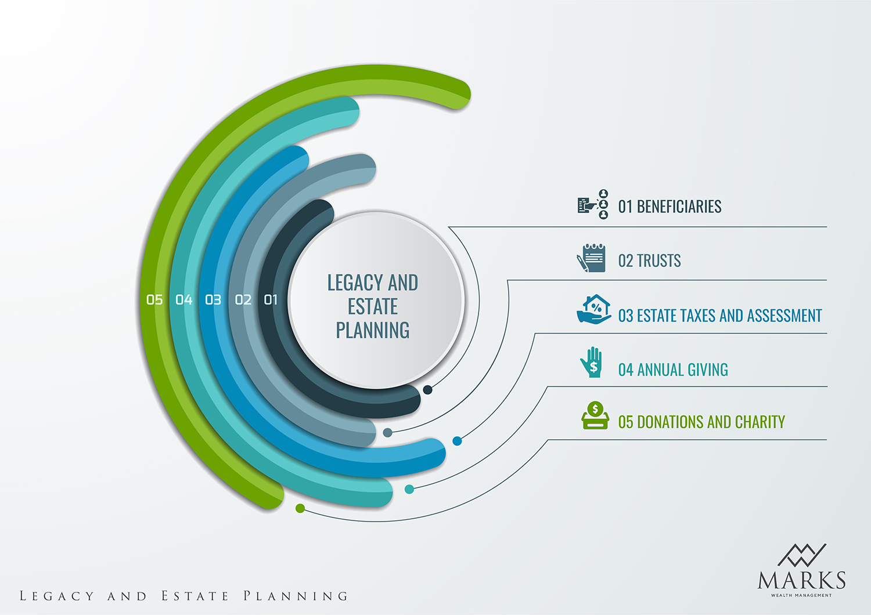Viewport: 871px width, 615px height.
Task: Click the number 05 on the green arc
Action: pyautogui.click(x=154, y=299)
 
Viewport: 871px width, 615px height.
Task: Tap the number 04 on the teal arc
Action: pyautogui.click(x=184, y=299)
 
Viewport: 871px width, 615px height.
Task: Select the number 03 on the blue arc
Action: pyautogui.click(x=213, y=299)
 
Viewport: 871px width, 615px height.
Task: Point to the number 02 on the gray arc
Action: pyautogui.click(x=243, y=299)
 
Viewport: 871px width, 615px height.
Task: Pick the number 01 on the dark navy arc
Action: pyautogui.click(x=271, y=299)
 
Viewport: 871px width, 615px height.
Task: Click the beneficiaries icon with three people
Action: pyautogui.click(x=593, y=204)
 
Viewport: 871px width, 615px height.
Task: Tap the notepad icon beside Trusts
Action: pyautogui.click(x=592, y=258)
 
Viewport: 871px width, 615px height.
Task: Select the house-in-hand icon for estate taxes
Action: pyautogui.click(x=594, y=309)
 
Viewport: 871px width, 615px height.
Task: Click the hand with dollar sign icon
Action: pyautogui.click(x=592, y=363)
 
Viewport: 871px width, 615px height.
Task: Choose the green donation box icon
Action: pyautogui.click(x=595, y=416)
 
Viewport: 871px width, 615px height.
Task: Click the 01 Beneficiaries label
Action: pyautogui.click(x=670, y=207)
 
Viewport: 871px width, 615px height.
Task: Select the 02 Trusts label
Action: pyautogui.click(x=649, y=261)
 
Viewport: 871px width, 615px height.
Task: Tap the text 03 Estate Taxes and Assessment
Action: pyautogui.click(x=720, y=316)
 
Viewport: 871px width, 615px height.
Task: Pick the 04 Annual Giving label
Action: pyautogui.click(x=673, y=370)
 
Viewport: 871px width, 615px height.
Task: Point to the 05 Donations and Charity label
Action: pyautogui.click(x=701, y=422)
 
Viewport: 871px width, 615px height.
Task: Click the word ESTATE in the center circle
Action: pyautogui.click(x=373, y=306)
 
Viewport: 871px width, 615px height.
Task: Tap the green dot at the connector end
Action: pyautogui.click(x=300, y=508)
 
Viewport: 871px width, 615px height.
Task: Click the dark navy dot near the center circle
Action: pyautogui.click(x=427, y=390)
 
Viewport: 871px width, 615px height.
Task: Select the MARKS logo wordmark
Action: pyautogui.click(x=801, y=580)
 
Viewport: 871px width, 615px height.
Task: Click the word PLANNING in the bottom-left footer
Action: pyautogui.click(x=296, y=596)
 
